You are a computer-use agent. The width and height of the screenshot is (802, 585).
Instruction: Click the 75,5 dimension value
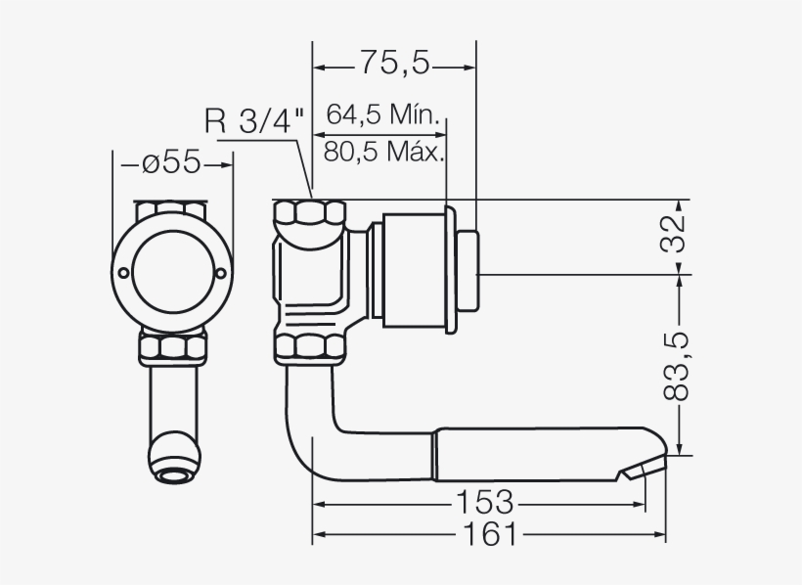tap(393, 64)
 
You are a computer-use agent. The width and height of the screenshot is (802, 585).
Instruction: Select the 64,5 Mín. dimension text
tap(380, 114)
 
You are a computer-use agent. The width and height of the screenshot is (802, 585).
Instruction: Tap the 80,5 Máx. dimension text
tap(383, 152)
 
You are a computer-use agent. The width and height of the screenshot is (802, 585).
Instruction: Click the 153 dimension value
tap(484, 503)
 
